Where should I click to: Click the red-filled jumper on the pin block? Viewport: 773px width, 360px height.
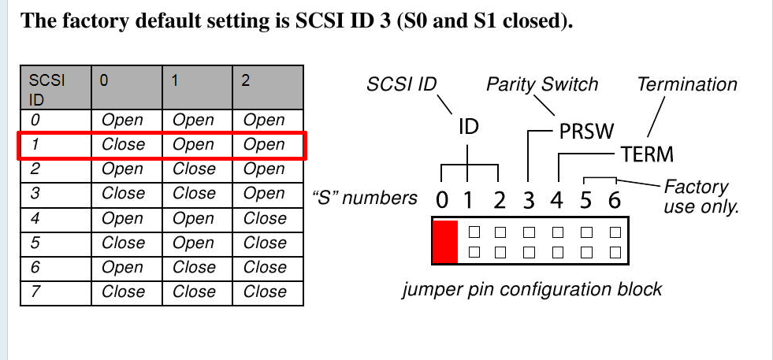click(444, 243)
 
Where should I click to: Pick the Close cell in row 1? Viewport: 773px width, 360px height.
click(124, 145)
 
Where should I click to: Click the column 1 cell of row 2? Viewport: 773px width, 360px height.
click(194, 169)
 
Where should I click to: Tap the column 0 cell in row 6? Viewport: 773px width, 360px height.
click(123, 267)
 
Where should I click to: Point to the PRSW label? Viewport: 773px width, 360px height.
click(585, 132)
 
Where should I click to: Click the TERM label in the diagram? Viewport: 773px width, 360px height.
click(647, 154)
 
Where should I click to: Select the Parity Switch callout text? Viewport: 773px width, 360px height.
click(542, 84)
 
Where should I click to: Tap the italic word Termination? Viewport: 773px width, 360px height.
click(687, 84)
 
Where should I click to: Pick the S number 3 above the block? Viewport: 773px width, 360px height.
click(529, 201)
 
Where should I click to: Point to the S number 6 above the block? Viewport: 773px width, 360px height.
click(614, 201)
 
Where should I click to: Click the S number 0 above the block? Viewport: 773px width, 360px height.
click(441, 201)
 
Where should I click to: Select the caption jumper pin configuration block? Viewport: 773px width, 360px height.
click(532, 289)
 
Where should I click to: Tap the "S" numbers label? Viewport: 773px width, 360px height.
click(365, 197)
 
